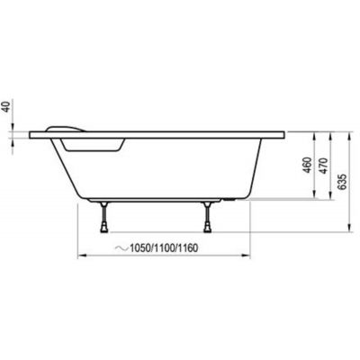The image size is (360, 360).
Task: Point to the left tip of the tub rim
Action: click(x=31, y=136)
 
